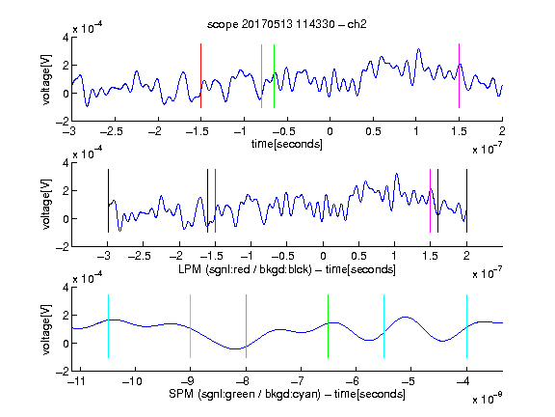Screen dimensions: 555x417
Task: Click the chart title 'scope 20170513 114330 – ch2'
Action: [286, 24]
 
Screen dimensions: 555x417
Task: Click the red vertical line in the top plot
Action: [200, 75]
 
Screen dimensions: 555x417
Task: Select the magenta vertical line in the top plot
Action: [459, 75]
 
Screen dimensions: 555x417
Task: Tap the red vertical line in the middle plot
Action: [215, 201]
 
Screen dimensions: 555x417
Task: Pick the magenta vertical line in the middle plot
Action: [430, 201]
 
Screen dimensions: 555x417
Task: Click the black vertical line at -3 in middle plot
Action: [108, 201]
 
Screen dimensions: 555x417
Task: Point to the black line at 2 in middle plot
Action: [466, 201]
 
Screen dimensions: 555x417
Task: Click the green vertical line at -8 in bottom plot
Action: [246, 326]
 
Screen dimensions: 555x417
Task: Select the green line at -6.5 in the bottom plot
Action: [329, 326]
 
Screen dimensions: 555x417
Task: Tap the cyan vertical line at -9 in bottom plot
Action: [190, 326]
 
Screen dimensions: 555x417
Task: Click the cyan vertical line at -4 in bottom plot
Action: [466, 326]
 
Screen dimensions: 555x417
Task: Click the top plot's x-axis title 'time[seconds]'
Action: [287, 144]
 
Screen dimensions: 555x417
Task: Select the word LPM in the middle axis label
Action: [190, 269]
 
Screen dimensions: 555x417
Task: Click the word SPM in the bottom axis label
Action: [181, 394]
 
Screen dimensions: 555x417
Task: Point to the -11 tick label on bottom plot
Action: [76, 381]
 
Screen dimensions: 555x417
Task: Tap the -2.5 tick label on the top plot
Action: [112, 131]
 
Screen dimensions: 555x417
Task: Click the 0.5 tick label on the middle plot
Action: [358, 256]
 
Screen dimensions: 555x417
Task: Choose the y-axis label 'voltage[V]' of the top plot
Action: [46, 80]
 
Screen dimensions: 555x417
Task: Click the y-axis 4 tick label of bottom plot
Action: [66, 287]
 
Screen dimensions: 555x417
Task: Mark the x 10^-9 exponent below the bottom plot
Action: [487, 399]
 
